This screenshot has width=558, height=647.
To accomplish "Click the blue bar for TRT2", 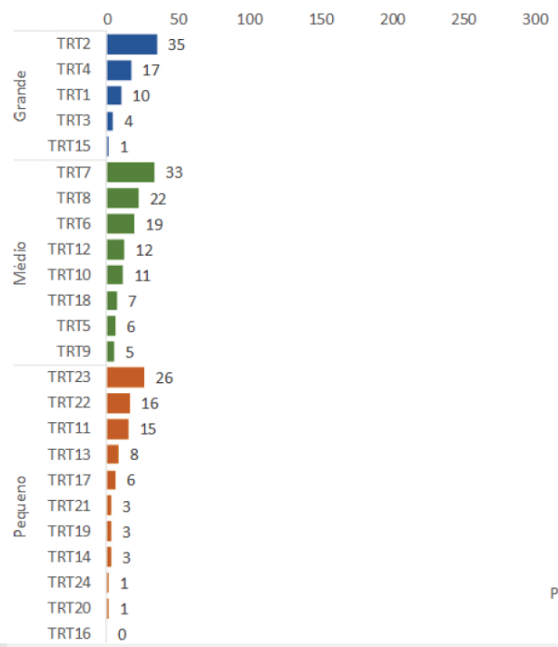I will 132,45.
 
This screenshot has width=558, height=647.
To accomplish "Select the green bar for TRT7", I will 130,172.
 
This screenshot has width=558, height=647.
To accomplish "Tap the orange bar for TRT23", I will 126,377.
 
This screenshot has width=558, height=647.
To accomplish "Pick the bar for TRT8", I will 123,198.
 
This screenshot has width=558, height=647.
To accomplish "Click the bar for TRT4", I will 119,70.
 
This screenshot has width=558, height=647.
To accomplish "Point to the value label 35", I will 177,45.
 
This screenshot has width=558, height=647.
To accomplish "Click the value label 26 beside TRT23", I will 165,377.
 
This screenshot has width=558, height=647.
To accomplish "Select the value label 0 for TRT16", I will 122,634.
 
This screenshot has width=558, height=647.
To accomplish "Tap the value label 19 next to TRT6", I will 154,224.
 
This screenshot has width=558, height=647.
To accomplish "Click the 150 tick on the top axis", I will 322,19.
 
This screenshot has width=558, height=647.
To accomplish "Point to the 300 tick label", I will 536,19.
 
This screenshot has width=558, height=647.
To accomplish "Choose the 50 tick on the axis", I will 179,19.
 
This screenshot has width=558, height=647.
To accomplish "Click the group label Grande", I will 21,95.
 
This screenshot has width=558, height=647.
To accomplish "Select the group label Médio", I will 21,262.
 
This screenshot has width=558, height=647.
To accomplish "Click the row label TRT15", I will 72,146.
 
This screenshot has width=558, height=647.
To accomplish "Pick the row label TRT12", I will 70,249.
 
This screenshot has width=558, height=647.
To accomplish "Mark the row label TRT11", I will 70,429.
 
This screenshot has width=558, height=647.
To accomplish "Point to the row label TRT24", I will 70,583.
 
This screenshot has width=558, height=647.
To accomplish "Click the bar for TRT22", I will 118,403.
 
